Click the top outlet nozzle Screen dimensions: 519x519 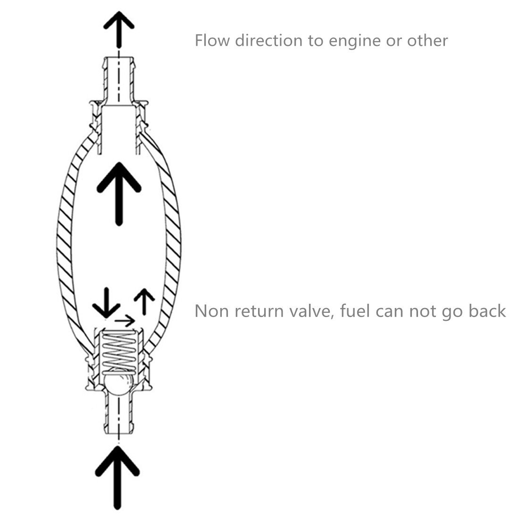118,78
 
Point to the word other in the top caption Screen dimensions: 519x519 426,40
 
